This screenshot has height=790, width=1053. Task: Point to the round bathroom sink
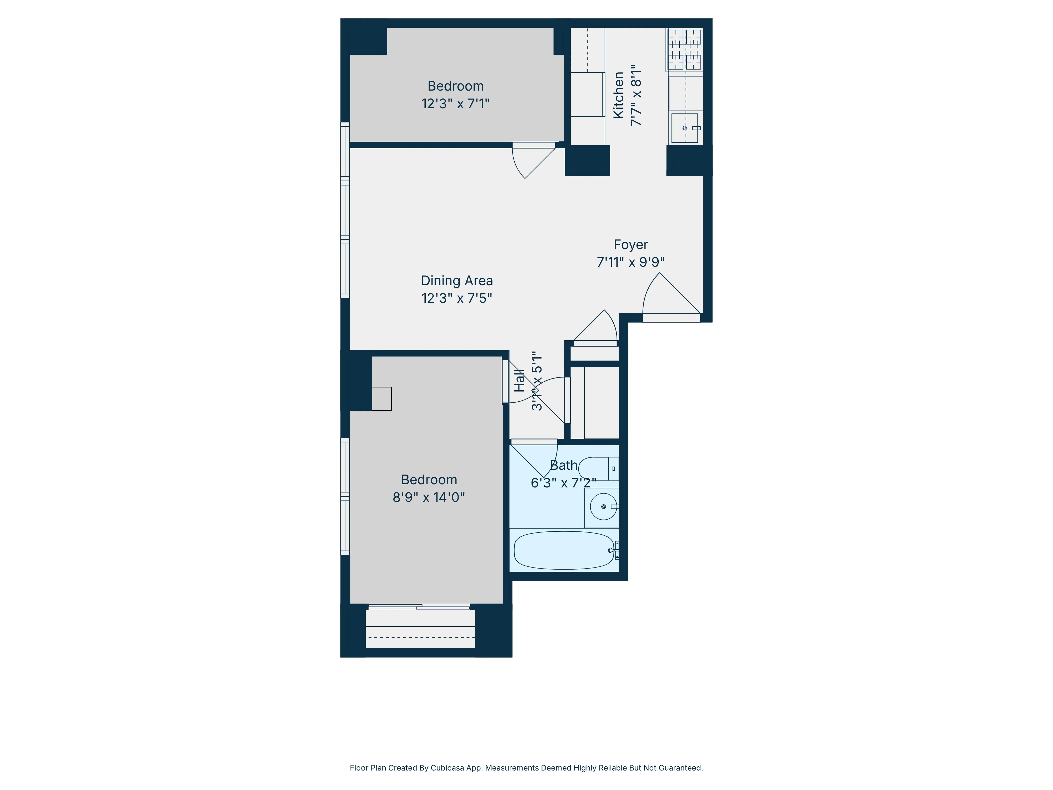click(x=603, y=506)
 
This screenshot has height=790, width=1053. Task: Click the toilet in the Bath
click(x=597, y=468)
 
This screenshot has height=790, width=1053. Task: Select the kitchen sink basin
click(x=684, y=128)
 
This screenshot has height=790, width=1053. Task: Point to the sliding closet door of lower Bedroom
click(x=419, y=607)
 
